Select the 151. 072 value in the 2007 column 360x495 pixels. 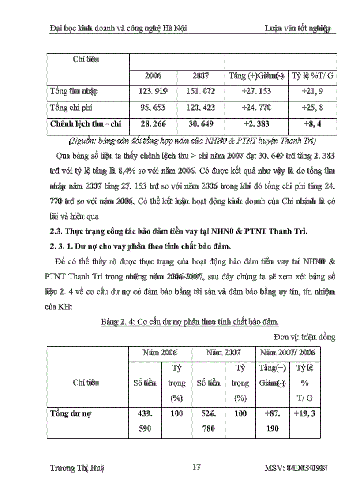coord(201,91)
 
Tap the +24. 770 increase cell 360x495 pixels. coord(256,108)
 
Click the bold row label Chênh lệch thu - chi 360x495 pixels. coord(86,124)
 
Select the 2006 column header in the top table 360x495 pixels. coord(153,75)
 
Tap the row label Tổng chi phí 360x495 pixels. coord(71,108)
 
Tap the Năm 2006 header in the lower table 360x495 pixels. coord(160,353)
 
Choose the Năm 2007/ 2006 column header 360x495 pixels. coord(287,353)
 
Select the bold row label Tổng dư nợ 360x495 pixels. coord(71,414)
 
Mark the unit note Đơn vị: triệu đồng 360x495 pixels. coord(307,337)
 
